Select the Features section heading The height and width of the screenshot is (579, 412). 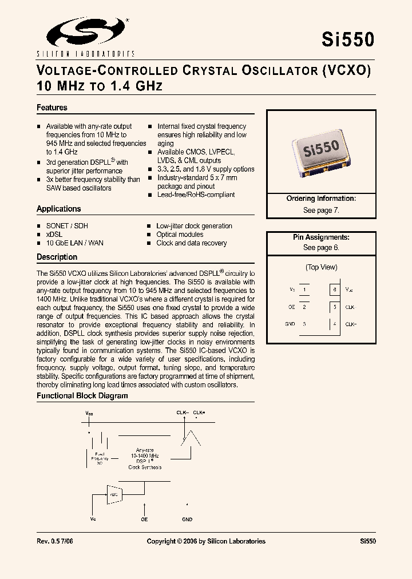[52, 108]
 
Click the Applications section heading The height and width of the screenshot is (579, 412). [59, 209]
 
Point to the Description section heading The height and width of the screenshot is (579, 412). [57, 257]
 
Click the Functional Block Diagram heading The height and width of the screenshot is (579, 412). [82, 395]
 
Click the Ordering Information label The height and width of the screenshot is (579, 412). [321, 199]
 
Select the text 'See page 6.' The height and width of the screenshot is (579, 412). [321, 248]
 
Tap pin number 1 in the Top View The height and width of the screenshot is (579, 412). [305, 290]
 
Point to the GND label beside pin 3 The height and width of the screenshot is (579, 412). [290, 324]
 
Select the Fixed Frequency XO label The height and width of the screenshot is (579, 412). [99, 458]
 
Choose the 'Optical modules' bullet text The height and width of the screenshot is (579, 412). [180, 235]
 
